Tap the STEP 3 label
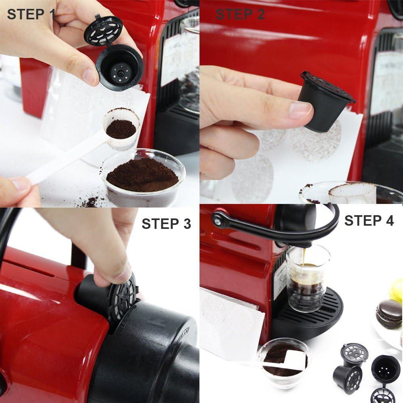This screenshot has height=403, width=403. point(166,224)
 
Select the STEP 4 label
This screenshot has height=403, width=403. point(369,220)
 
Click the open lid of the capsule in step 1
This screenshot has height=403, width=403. point(104,29)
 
